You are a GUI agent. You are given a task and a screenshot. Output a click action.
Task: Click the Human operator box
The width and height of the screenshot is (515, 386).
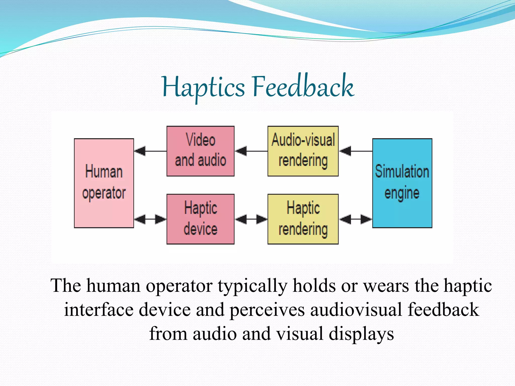[104, 183]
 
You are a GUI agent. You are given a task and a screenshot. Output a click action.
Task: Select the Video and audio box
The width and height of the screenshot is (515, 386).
[200, 151]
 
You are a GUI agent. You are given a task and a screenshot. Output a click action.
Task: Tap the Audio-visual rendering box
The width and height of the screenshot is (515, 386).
[303, 151]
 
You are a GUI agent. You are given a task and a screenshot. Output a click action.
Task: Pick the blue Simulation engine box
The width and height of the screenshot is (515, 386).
[402, 183]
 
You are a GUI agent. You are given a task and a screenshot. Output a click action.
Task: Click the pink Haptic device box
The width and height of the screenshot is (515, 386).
[200, 219]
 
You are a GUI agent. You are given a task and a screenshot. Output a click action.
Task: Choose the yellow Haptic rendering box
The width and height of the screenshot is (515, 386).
[303, 219]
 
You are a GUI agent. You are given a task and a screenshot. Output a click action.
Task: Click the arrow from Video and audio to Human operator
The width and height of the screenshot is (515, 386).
[150, 151]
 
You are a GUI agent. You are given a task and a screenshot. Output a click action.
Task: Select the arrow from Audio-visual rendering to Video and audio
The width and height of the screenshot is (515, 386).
[251, 151]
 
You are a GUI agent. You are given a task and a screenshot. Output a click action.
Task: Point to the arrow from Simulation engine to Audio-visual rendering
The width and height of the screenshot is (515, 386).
[355, 151]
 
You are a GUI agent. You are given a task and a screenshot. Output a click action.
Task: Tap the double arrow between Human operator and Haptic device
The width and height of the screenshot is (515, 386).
[150, 219]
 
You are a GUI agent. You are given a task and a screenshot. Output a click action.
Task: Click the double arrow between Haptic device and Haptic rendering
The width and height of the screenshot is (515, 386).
[251, 219]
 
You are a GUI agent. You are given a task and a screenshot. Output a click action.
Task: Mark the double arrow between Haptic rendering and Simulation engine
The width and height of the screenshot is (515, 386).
[355, 219]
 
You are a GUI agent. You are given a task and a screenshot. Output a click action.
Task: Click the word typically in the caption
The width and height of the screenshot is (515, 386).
[252, 286]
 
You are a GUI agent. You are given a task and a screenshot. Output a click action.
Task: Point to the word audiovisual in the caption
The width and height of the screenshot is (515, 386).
[356, 310]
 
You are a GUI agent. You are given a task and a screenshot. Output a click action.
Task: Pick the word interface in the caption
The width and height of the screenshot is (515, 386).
[98, 310]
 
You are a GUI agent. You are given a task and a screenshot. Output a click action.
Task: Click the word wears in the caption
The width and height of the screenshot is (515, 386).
[386, 286]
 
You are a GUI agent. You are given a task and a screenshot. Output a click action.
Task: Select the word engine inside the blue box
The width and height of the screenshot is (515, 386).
[402, 193]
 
